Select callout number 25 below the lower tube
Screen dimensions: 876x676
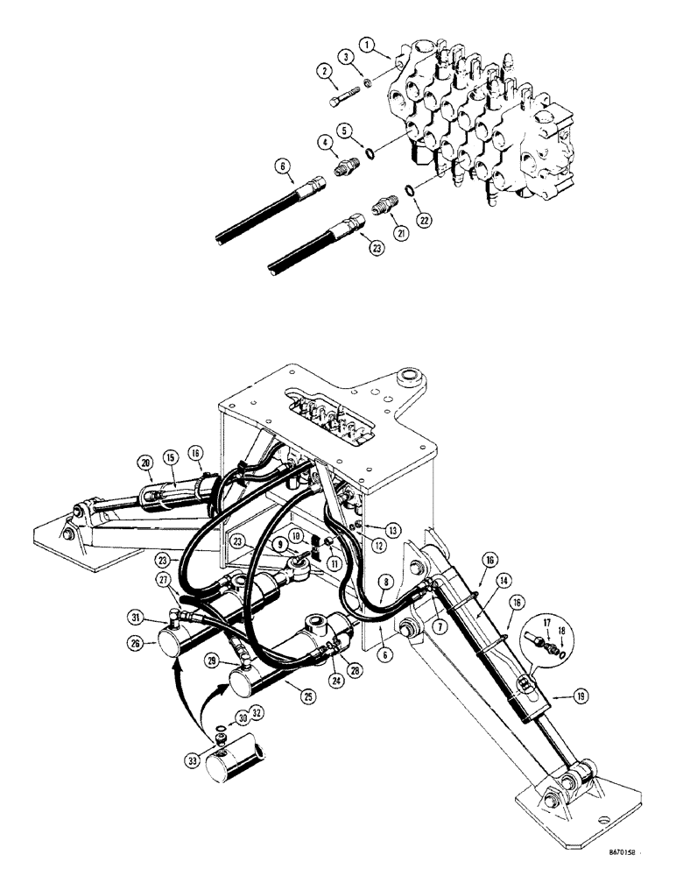(x=309, y=697)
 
